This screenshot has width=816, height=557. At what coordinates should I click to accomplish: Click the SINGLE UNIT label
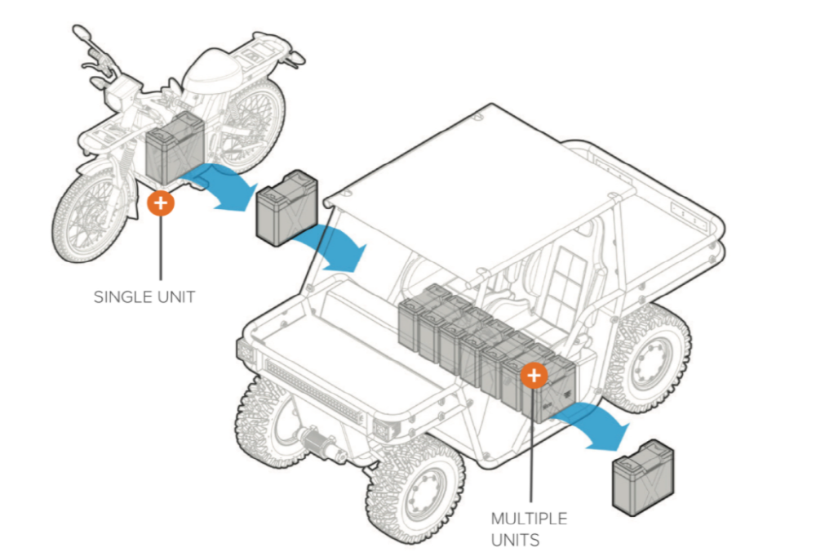point(144,296)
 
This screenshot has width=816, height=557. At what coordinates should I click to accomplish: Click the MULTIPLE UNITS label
point(529,528)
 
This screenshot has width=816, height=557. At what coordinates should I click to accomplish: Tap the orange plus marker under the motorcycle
point(161,202)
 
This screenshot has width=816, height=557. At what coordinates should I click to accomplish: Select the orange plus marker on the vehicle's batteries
point(534,375)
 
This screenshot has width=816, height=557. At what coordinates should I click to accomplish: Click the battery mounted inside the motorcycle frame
point(174,150)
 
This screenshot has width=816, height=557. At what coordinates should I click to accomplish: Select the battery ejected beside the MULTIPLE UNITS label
point(644,478)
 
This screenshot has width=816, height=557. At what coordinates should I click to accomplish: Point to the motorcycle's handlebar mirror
point(82,33)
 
